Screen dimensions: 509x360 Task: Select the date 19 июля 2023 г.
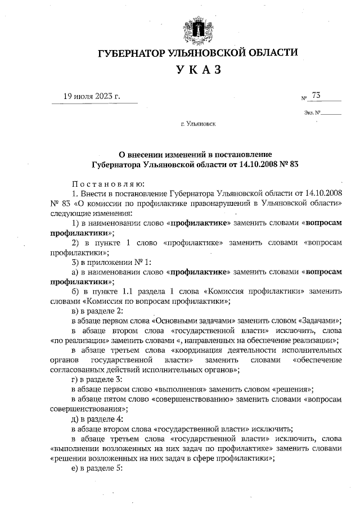[x=92, y=96]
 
